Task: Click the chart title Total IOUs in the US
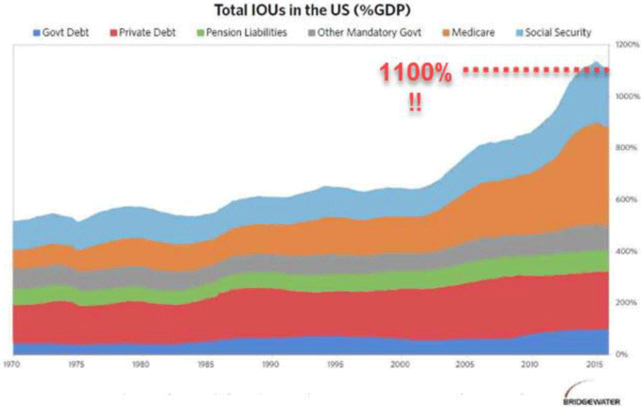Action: click(x=320, y=11)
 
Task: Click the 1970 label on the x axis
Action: click(x=13, y=364)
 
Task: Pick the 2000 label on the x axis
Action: click(x=399, y=364)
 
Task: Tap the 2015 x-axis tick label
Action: click(x=593, y=364)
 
